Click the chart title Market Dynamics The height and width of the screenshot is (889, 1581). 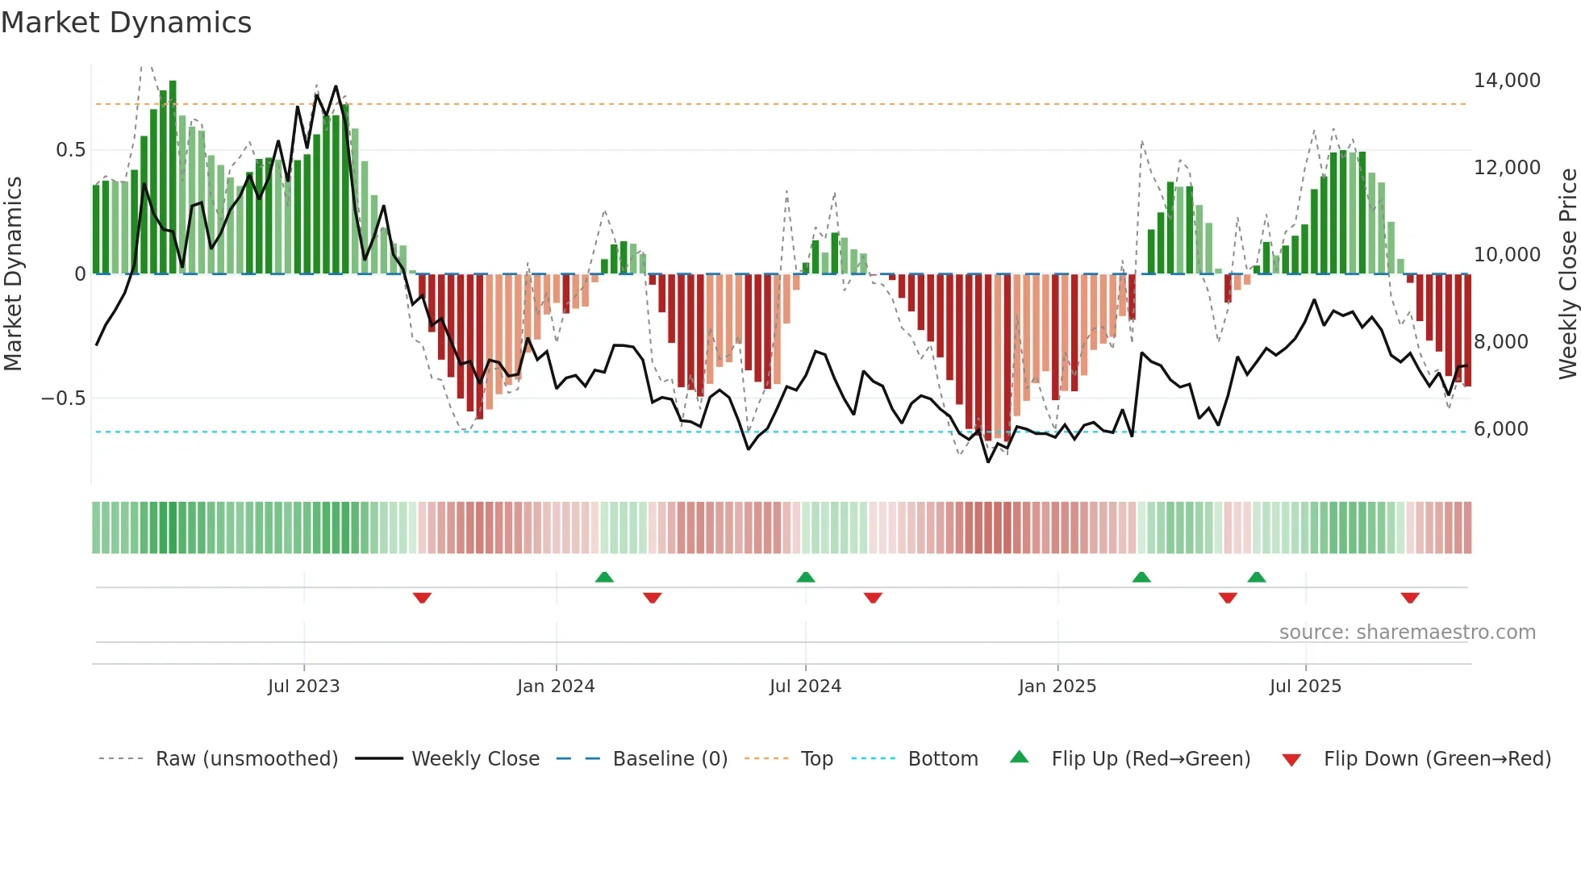click(x=126, y=23)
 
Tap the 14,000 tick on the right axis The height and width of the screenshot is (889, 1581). click(x=1506, y=81)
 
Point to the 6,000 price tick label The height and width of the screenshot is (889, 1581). click(x=1500, y=429)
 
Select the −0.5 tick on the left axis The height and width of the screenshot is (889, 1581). click(x=63, y=399)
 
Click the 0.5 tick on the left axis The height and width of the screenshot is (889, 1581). click(x=70, y=150)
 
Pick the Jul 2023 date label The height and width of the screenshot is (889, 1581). click(x=303, y=687)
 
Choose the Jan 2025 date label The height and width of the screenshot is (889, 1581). click(x=1057, y=687)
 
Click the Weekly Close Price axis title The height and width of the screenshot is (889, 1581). click(x=1567, y=274)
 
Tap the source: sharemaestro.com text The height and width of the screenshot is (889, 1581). click(x=1407, y=632)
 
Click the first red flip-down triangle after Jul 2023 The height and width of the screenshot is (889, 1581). click(x=422, y=598)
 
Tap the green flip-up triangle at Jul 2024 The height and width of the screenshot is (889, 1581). click(x=805, y=577)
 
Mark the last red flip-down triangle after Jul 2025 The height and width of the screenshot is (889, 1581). click(x=1410, y=598)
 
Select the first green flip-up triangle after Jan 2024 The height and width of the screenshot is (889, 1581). click(x=604, y=577)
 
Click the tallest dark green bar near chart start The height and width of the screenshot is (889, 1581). click(x=173, y=177)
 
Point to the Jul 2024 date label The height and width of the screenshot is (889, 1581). click(x=805, y=687)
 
